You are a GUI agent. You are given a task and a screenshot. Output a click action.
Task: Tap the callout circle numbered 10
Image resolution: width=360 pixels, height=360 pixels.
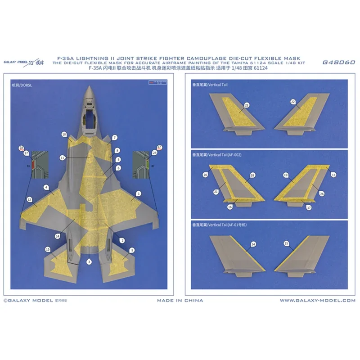click(x=64, y=134)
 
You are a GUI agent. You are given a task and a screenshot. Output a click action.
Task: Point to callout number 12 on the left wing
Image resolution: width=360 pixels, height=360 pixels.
click(x=29, y=199)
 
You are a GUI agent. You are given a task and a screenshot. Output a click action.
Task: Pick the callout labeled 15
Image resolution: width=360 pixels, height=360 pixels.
click(x=47, y=249)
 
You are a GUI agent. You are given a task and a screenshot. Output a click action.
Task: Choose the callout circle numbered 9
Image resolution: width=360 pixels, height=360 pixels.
click(x=132, y=250)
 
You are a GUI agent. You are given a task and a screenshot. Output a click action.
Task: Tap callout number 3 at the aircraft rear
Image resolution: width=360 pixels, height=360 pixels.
click(x=89, y=261)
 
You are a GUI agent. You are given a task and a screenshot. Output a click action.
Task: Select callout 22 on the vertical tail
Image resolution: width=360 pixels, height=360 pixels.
click(x=293, y=102)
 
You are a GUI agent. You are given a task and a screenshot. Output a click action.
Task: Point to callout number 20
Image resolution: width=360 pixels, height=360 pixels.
click(x=206, y=175)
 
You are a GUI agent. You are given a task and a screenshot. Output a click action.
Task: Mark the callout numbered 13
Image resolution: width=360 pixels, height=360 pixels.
click(x=333, y=174)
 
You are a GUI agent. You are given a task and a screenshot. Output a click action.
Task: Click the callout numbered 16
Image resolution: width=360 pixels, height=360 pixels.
click(x=230, y=207)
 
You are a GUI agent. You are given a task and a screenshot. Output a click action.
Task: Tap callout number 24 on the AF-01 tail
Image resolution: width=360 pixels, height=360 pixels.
click(x=253, y=244)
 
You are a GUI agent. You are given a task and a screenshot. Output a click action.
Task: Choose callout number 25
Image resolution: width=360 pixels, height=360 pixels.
click(x=287, y=243)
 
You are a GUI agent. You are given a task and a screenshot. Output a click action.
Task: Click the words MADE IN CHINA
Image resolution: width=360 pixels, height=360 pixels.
click(x=180, y=300)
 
